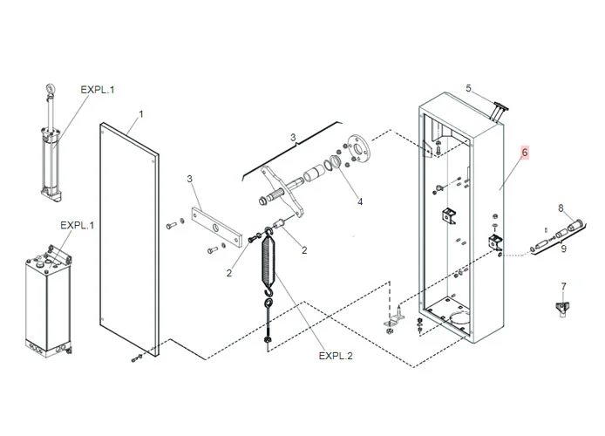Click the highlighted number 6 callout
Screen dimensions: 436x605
tap(525, 153)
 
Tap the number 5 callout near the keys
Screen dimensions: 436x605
tap(468, 88)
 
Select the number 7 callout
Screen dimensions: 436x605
tap(563, 286)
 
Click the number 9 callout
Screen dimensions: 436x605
tap(563, 249)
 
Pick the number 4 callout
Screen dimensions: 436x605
tap(359, 202)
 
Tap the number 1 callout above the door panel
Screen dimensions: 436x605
tap(141, 114)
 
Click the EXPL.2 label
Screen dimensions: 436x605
tap(335, 356)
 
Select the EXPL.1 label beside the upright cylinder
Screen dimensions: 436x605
tap(98, 89)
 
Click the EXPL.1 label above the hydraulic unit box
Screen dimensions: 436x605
tap(77, 225)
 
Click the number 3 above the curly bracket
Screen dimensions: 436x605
tap(294, 137)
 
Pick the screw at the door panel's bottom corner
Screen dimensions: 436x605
tap(135, 357)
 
